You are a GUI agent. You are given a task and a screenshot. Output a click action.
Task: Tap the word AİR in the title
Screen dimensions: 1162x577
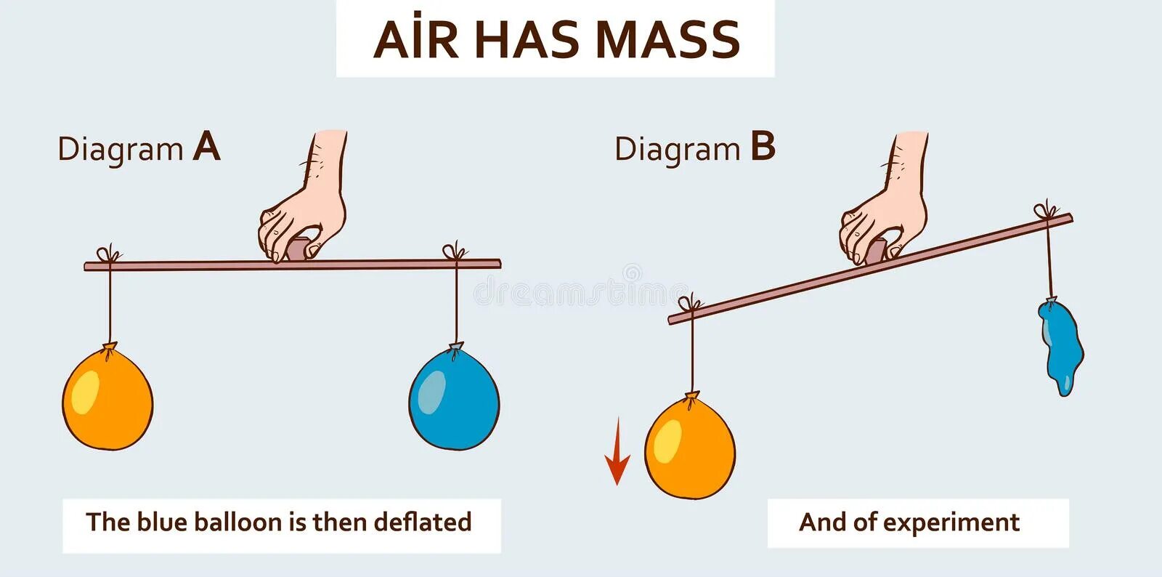415,40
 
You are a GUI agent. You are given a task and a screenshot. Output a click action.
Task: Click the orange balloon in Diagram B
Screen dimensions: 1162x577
690,447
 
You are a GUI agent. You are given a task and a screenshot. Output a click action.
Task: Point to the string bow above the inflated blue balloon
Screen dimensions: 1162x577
456,251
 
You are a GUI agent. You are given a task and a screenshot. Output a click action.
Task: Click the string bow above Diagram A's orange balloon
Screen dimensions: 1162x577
109,254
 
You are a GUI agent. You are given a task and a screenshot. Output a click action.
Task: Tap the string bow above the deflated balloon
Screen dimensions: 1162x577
1046,211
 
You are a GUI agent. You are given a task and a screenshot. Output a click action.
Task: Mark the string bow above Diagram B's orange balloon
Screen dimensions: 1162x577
691,303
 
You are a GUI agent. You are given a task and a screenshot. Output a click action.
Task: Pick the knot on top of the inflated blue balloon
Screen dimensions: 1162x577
455,348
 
